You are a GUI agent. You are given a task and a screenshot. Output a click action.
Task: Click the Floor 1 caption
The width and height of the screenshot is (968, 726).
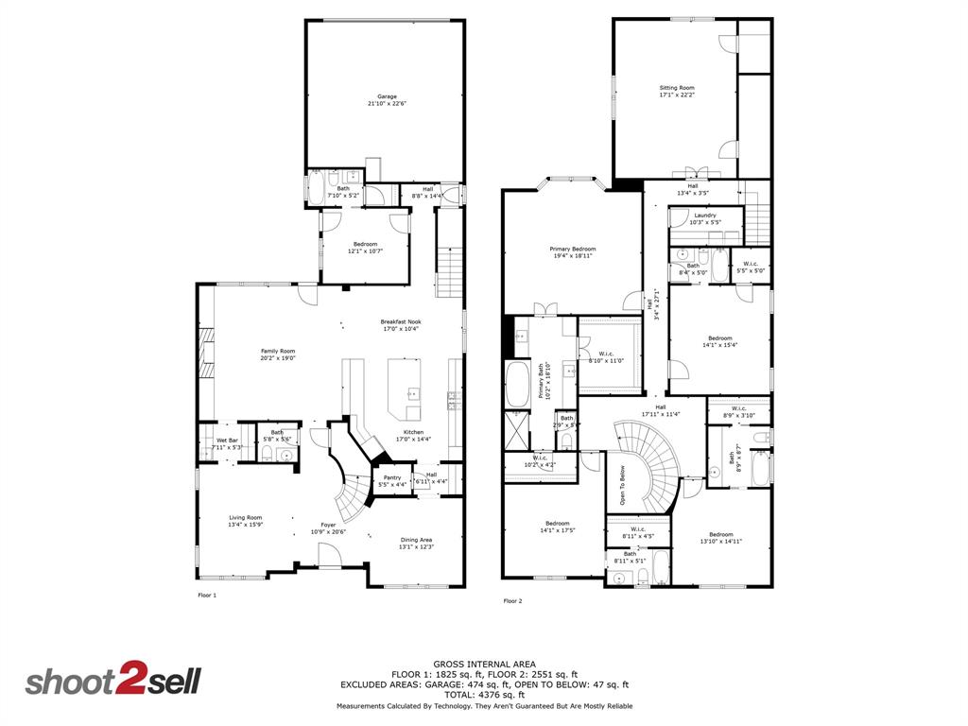click(207, 596)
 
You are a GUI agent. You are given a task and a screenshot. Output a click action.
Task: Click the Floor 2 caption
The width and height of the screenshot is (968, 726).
click(512, 600)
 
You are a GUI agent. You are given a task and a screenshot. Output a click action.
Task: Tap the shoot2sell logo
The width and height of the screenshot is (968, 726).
click(112, 682)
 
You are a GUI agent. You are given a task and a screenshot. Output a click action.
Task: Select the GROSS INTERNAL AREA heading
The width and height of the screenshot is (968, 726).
click(483, 664)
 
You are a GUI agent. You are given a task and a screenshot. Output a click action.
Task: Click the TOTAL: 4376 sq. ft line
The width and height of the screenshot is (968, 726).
click(483, 695)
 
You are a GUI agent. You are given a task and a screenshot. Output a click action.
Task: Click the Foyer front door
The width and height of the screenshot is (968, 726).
click(329, 560)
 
